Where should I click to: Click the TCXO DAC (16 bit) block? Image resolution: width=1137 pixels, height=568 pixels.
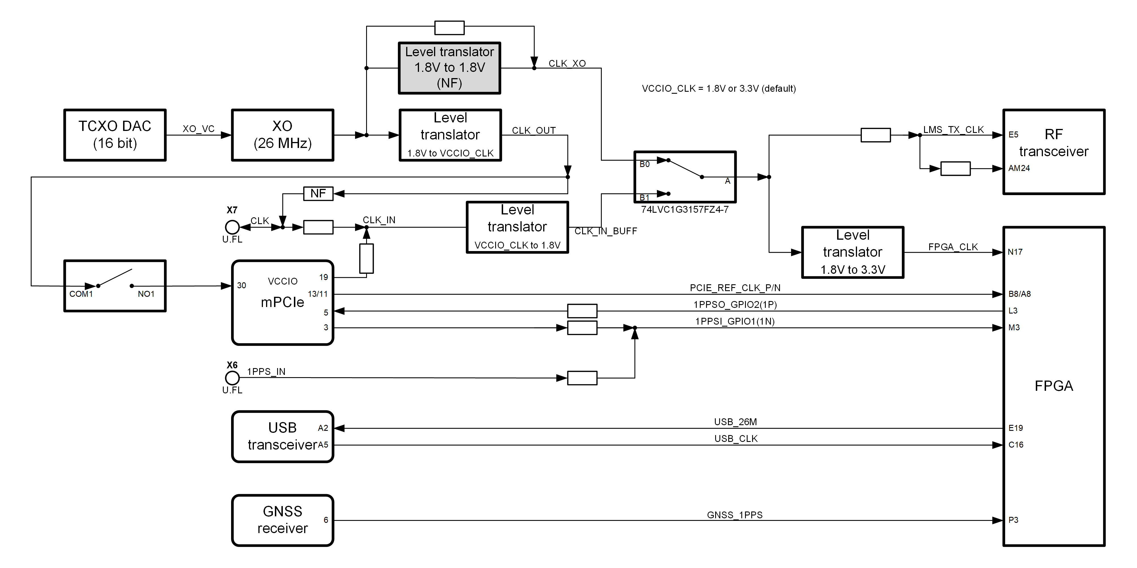coord(115,135)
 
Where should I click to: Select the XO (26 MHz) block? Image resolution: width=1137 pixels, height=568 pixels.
coord(283,135)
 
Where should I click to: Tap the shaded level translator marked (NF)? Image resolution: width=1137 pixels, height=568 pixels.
coord(449,68)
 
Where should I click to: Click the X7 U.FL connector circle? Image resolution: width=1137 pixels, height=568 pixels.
coord(232,227)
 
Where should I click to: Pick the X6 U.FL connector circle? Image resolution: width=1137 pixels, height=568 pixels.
coord(232,378)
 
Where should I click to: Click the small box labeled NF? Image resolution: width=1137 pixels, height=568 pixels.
coord(318,194)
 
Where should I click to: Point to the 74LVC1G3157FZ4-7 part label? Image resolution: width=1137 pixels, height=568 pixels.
coord(684,210)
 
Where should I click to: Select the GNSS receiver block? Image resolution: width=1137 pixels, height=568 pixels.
coord(283,520)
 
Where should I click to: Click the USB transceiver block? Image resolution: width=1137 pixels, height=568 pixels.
coord(283,437)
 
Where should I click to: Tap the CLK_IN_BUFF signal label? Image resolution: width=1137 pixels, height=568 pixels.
coord(605,231)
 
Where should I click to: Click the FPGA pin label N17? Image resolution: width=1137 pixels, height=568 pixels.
coord(1015,252)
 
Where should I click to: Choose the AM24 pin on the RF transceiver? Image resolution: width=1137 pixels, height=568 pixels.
coord(1019,168)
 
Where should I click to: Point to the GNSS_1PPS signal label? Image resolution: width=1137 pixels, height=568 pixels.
coord(735,515)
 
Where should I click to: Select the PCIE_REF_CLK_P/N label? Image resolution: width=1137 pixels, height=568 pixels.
coord(735,288)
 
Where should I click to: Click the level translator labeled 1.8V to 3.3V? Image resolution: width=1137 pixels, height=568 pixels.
coord(852,252)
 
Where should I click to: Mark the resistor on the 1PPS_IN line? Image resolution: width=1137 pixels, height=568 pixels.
coord(582,378)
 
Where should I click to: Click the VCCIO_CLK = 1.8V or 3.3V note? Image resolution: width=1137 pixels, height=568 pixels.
coord(719,89)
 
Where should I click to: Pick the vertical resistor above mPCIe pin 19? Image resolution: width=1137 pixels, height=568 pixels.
coord(366,258)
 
